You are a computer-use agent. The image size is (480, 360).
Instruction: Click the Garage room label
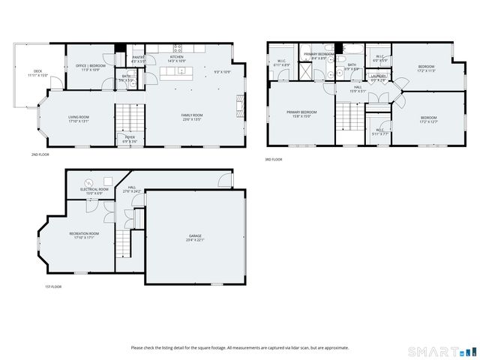point(194,235)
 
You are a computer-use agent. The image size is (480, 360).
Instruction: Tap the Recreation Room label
point(85,234)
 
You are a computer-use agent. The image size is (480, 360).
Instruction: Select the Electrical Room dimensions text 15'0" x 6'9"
point(91,193)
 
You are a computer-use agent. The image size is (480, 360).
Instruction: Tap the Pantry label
point(138,57)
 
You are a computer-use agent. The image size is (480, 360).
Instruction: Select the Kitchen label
point(176,57)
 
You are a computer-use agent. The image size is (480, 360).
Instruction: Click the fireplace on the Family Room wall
point(241,103)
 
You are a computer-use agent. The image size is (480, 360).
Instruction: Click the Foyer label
point(129,137)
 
